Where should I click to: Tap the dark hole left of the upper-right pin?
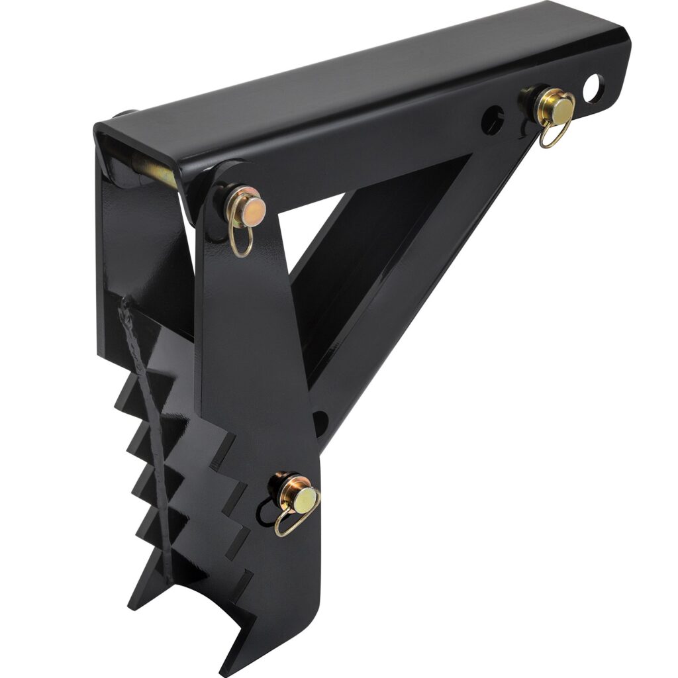(492, 121)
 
